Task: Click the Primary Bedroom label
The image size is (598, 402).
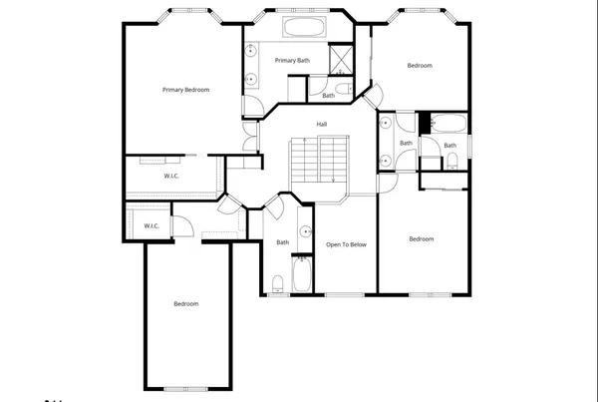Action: coord(185,90)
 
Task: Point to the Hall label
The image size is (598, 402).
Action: coord(321,124)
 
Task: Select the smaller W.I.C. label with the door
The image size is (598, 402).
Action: coord(151,225)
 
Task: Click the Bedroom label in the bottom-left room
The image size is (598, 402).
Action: coord(185,303)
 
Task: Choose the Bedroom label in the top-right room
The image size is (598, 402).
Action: coord(420,66)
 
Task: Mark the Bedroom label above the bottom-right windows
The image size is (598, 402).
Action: coord(422,238)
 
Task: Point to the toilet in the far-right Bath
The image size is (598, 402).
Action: coord(451,159)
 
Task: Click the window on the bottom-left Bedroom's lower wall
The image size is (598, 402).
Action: coord(185,387)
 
